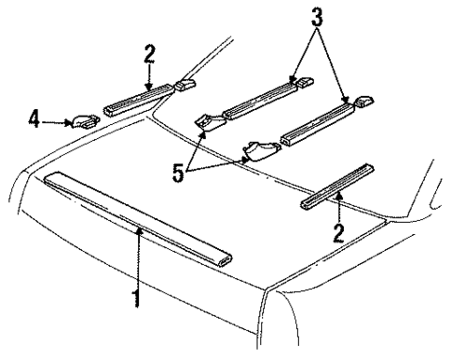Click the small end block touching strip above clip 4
184,87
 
